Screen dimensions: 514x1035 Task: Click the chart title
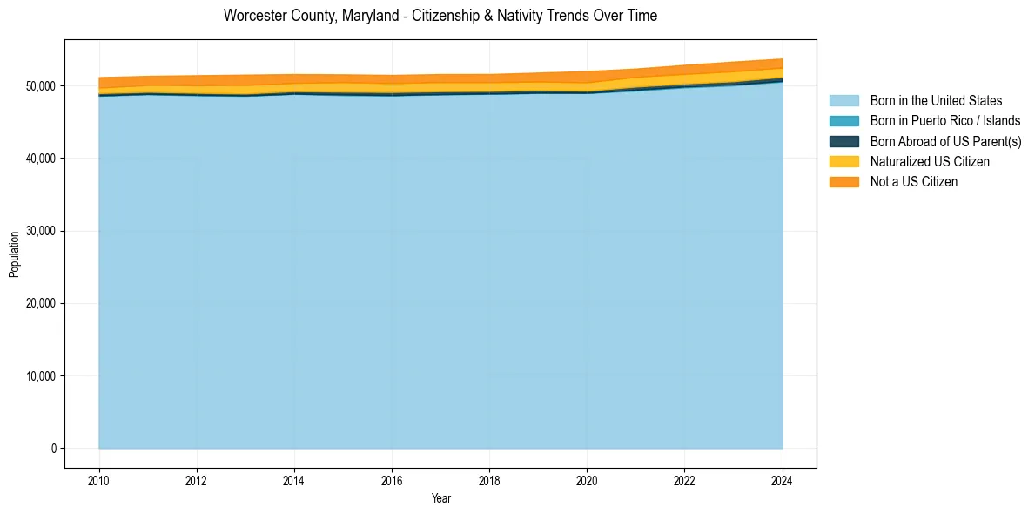click(440, 16)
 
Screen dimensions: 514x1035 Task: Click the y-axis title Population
click(14, 254)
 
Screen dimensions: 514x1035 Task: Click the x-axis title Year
click(440, 498)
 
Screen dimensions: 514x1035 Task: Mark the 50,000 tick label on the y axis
click(41, 86)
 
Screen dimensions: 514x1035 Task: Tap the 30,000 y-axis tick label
click(41, 231)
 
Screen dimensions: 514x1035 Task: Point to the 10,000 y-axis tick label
click(41, 376)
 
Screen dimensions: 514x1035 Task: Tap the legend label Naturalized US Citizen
click(930, 162)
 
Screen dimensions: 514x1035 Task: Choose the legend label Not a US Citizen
click(913, 182)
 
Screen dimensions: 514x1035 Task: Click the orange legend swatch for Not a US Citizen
click(843, 182)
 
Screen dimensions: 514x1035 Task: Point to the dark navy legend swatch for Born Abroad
click(843, 141)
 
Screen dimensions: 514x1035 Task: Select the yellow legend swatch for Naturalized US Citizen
click(843, 162)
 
